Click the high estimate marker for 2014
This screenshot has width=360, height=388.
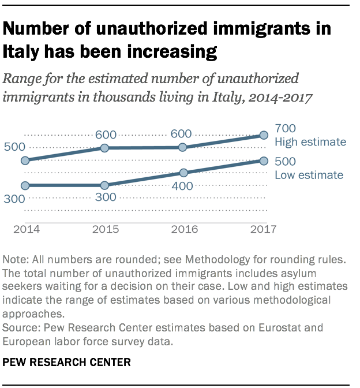click(25, 161)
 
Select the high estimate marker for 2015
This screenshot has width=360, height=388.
click(104, 148)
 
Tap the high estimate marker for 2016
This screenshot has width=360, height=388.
click(183, 147)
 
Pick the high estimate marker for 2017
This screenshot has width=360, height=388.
click(263, 135)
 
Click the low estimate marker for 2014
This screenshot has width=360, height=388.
click(25, 185)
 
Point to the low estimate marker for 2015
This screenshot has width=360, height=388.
click(104, 185)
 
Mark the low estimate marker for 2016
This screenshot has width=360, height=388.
click(183, 173)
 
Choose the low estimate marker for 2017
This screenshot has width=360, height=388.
click(263, 161)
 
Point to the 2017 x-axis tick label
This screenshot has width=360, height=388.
click(263, 228)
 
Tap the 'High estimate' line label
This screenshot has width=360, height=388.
click(310, 141)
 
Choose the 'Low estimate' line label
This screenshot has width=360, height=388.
click(309, 175)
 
